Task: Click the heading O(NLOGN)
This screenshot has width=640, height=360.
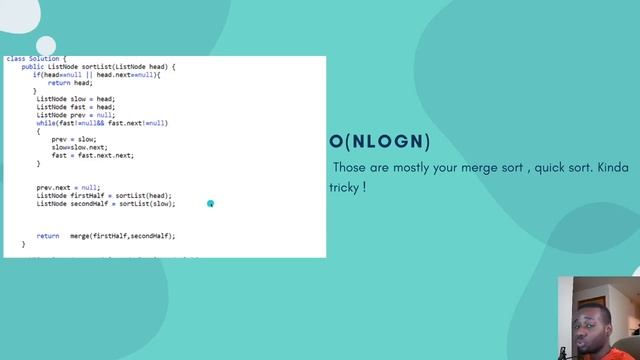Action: coord(380,142)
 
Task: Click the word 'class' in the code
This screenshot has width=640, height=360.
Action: coord(16,59)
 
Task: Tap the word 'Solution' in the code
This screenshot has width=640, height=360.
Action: coord(45,59)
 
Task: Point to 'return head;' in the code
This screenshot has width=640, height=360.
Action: coord(70,83)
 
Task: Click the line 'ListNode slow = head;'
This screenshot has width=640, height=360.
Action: coord(76,99)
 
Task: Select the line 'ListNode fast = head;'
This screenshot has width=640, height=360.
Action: coord(76,107)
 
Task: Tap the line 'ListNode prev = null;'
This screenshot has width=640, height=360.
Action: coord(76,115)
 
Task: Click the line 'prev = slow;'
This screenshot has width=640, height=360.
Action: coord(74,139)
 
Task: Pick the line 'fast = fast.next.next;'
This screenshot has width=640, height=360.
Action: coord(93,155)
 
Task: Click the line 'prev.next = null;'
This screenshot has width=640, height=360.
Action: coord(69,187)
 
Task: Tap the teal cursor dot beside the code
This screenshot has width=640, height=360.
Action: coord(210,204)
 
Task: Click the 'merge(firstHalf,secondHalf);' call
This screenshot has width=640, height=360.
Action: coord(122,236)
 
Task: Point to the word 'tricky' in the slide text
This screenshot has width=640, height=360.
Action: coord(345,187)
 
